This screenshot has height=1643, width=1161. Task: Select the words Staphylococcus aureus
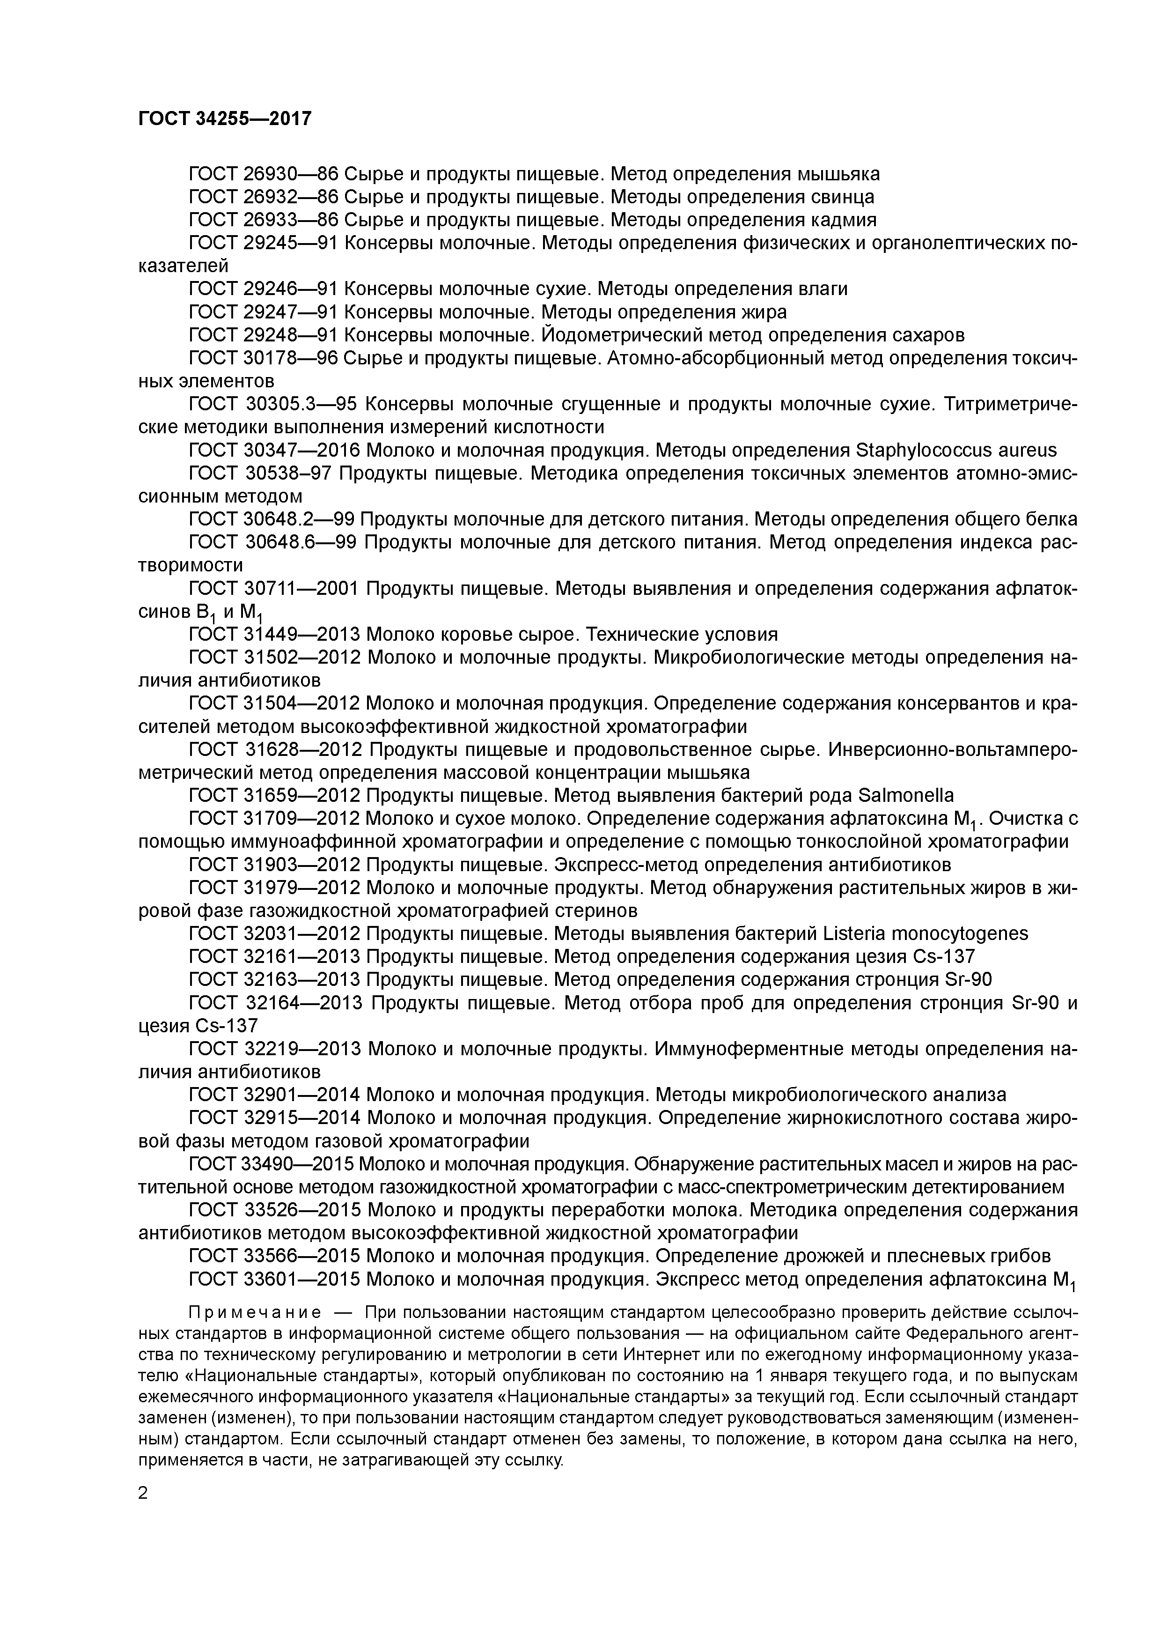point(955,450)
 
